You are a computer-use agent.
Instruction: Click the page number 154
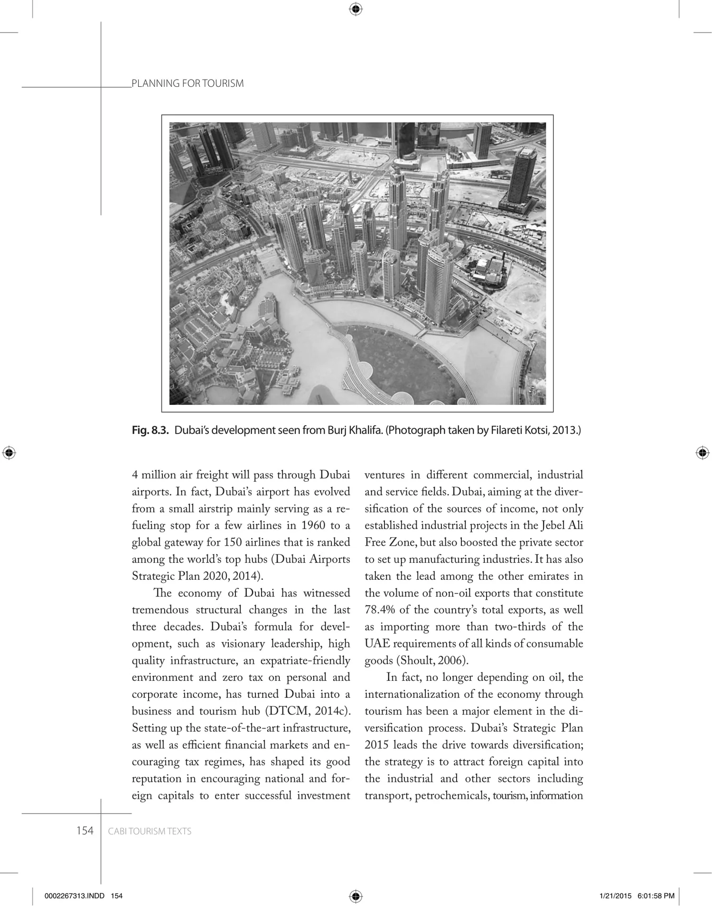pyautogui.click(x=85, y=831)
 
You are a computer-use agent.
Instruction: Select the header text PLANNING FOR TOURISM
pyautogui.click(x=187, y=83)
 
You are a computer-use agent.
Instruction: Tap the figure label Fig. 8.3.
pyautogui.click(x=150, y=430)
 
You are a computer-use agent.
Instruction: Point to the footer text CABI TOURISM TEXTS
pyautogui.click(x=150, y=831)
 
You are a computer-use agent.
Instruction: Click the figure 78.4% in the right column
pyautogui.click(x=380, y=610)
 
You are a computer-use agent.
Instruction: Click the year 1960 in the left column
pyautogui.click(x=313, y=525)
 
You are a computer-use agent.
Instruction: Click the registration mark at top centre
pyautogui.click(x=356, y=9)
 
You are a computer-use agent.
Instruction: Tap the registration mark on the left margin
pyautogui.click(x=9, y=453)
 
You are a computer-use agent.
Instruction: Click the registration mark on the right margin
pyautogui.click(x=703, y=453)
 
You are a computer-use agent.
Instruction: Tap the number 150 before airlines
pyautogui.click(x=233, y=542)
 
